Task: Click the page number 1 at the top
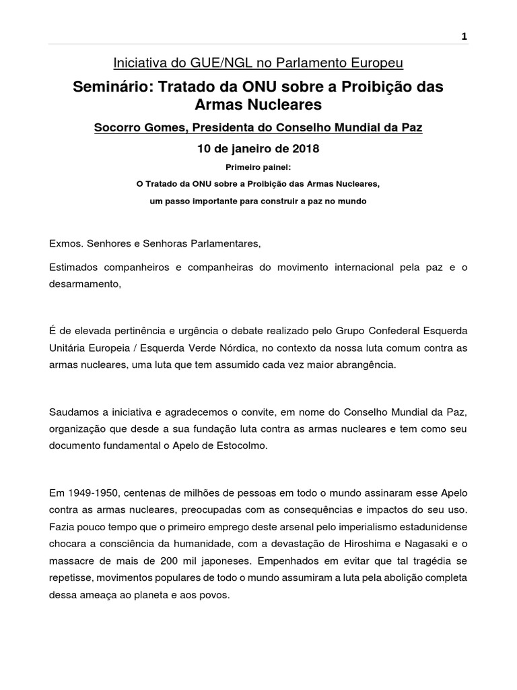[464, 37]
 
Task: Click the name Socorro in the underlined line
[119, 127]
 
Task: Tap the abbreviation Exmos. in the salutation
[65, 242]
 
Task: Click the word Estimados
[73, 267]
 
